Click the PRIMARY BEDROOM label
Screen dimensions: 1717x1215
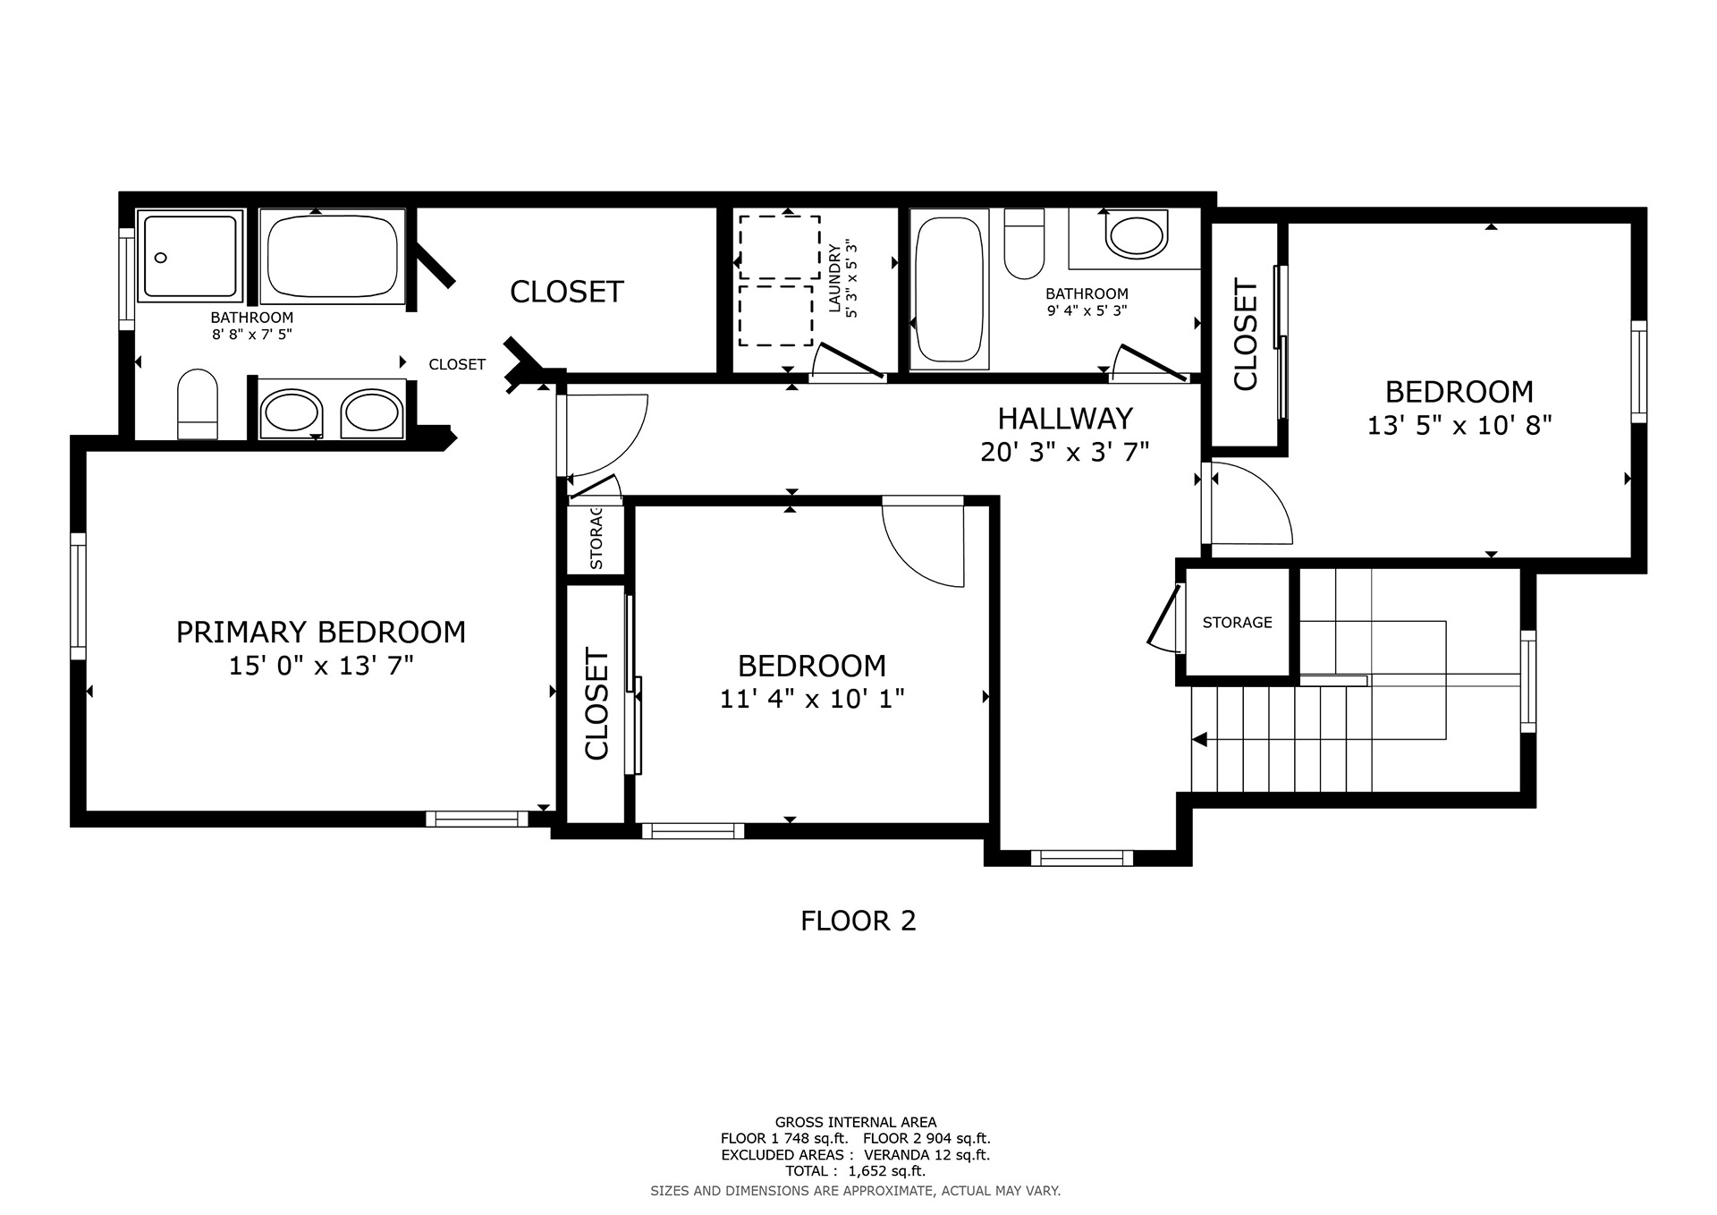click(321, 633)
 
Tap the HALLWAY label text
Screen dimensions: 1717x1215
click(1065, 419)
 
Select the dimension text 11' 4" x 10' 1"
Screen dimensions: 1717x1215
click(812, 699)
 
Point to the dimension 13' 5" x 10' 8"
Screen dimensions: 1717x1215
click(1459, 425)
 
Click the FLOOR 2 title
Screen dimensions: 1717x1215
click(858, 921)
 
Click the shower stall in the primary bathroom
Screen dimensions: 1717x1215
click(190, 256)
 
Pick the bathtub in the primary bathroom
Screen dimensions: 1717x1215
click(333, 256)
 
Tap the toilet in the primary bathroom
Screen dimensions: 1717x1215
click(198, 404)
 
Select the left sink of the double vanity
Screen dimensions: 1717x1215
click(292, 412)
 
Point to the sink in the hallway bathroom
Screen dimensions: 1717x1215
click(1136, 234)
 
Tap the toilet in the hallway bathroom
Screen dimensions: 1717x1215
click(1024, 243)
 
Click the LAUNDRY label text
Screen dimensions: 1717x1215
click(835, 279)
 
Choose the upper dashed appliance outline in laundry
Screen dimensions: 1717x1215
click(780, 247)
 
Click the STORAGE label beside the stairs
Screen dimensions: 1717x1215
click(1237, 623)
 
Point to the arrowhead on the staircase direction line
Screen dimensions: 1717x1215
click(1200, 740)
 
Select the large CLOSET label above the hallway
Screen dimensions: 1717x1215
click(567, 292)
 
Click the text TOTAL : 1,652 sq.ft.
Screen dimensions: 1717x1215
click(856, 1171)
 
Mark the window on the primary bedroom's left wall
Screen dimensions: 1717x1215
click(79, 596)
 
